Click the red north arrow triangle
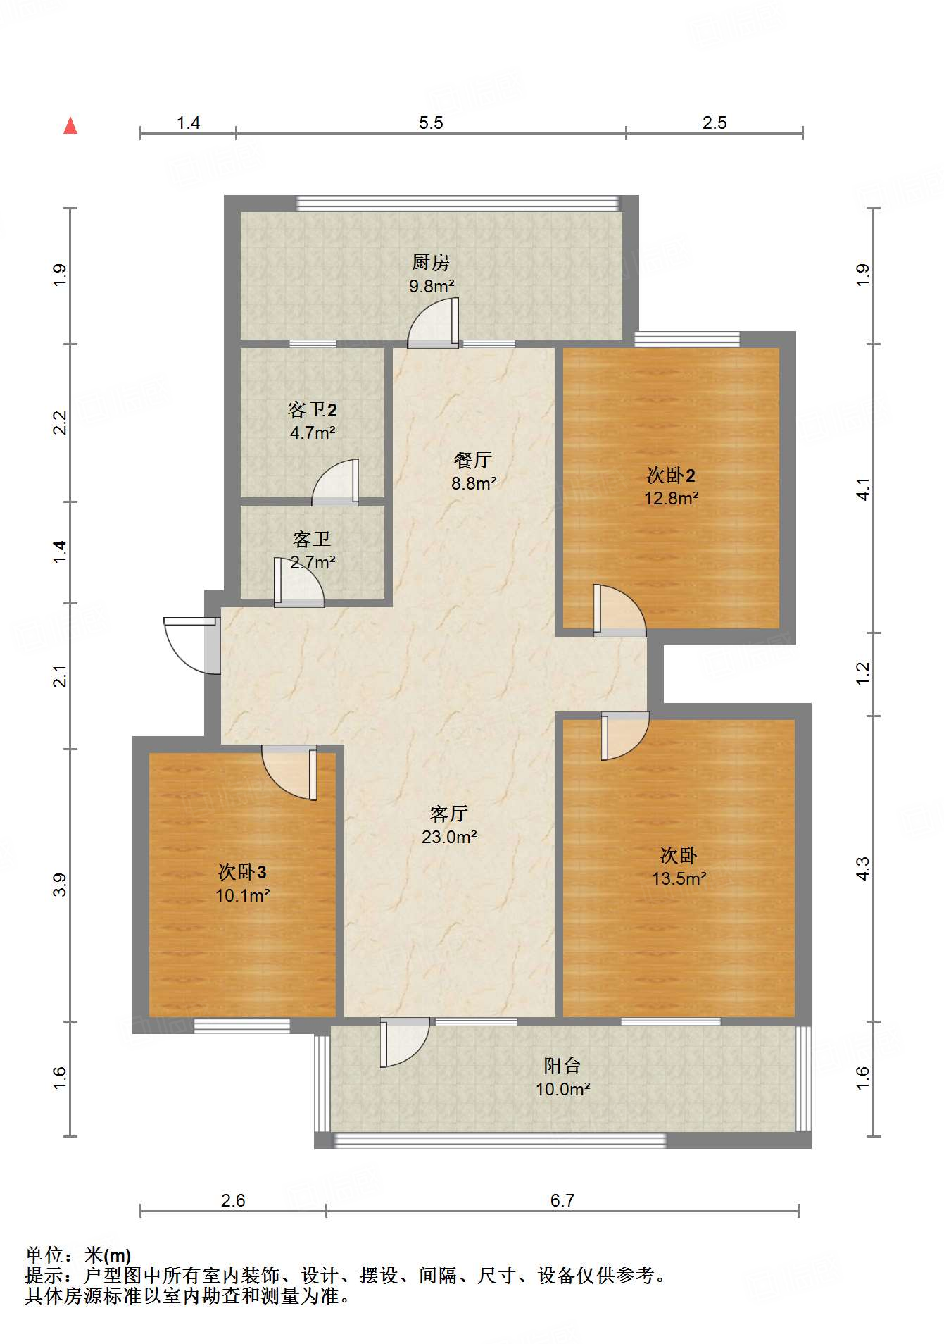point(70,126)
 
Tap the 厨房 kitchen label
point(430,263)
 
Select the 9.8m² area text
point(432,286)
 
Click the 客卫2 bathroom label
point(313,409)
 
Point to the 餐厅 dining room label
point(473,460)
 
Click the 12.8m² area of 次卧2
point(671,498)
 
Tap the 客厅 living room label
point(449,814)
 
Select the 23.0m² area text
point(449,837)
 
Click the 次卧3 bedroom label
point(242,872)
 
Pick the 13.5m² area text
point(679,878)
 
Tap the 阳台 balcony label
point(562,1066)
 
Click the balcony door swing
point(404,1043)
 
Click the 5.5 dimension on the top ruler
point(431,123)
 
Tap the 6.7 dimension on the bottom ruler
point(562,1200)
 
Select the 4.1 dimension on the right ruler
point(863,489)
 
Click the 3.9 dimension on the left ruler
point(61,885)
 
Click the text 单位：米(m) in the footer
point(78,1255)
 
